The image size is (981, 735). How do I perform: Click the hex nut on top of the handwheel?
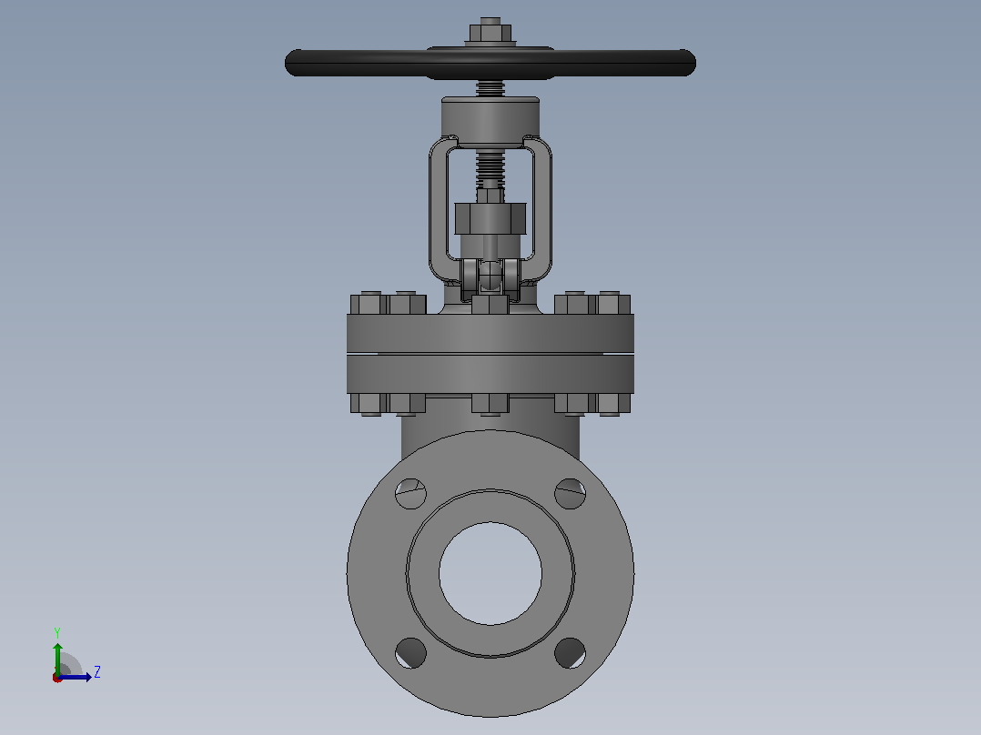coord(490,33)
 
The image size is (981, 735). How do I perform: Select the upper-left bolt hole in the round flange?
coord(410,494)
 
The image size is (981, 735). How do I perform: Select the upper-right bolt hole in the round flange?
coord(570,494)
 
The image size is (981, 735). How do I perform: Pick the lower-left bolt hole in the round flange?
coord(410,653)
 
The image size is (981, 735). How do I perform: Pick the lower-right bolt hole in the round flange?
coord(570,653)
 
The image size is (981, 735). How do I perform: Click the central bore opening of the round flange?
coord(490,573)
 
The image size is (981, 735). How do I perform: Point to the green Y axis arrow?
coord(57,659)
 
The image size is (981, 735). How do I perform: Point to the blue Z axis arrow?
coord(75,677)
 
